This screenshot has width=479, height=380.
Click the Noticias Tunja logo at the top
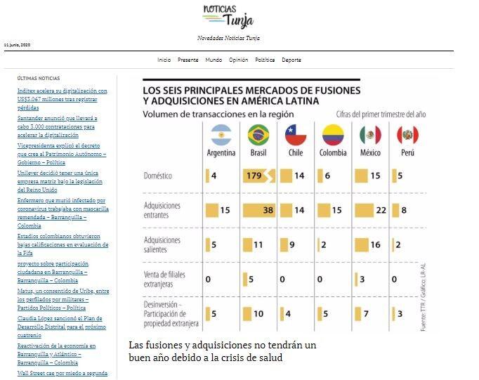(x=228, y=16)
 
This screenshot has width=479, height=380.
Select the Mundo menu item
(x=214, y=60)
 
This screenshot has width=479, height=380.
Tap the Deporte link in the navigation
(x=291, y=60)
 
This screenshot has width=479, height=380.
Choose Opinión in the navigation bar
(x=238, y=60)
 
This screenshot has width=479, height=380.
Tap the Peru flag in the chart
(x=407, y=134)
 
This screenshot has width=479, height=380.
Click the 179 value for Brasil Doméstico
(x=254, y=176)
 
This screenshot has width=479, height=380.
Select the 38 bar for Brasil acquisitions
(x=259, y=209)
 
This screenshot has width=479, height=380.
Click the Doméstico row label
(x=157, y=176)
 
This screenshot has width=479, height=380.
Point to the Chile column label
(x=295, y=153)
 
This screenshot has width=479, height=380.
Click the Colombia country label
(x=333, y=153)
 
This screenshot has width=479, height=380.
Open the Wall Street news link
(x=62, y=373)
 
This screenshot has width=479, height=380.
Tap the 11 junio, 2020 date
(x=17, y=45)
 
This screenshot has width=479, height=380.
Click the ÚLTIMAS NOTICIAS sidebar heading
(x=39, y=79)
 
